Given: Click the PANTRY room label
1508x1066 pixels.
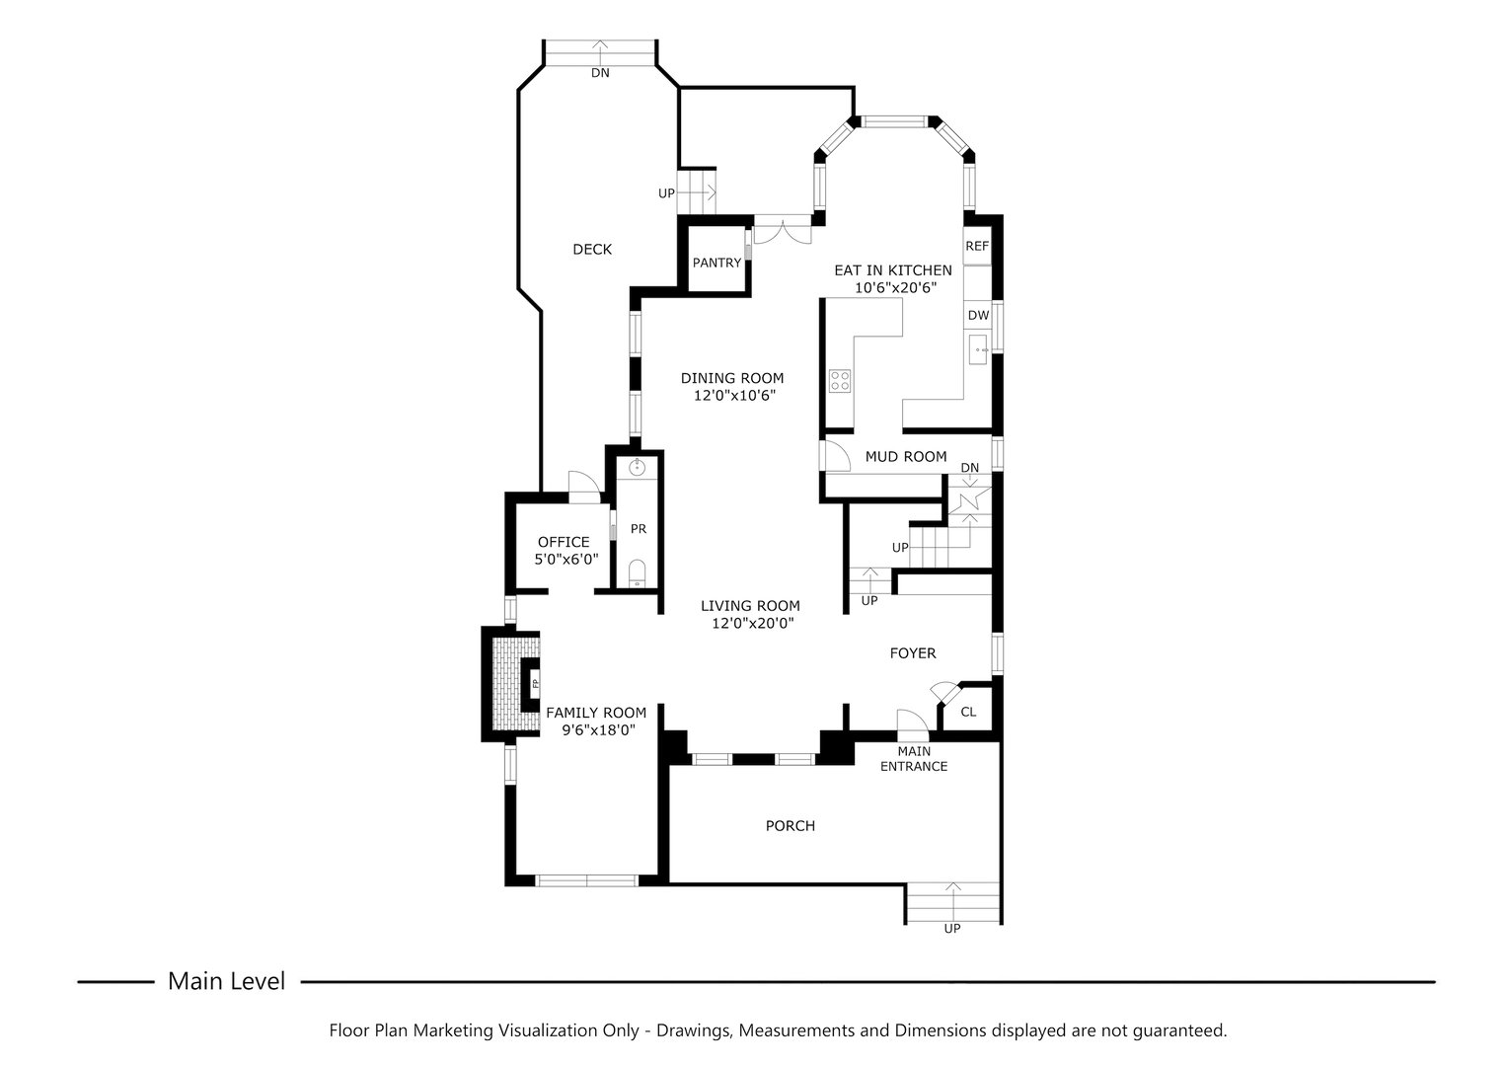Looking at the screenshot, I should (x=716, y=263).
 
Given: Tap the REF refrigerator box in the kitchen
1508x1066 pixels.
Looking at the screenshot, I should (x=977, y=247).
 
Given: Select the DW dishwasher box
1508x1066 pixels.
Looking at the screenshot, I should (x=978, y=316).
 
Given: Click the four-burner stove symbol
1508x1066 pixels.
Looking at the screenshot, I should (x=840, y=380).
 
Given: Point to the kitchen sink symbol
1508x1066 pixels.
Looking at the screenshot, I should (x=979, y=349).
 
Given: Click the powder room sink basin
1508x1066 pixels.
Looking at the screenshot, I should (x=638, y=467).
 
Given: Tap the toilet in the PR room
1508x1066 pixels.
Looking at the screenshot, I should (x=638, y=572).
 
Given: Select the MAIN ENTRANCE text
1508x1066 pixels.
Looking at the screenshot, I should (x=914, y=759).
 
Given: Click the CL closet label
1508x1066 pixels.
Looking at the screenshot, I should (x=968, y=712).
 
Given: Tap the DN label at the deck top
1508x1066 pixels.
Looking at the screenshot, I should (x=600, y=73).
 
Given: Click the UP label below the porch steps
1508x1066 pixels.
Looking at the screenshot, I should (x=952, y=929).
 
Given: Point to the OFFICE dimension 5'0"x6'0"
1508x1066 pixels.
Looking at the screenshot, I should (x=564, y=559).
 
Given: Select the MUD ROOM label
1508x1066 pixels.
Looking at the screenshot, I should (x=906, y=457).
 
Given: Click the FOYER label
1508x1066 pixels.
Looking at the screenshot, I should (x=913, y=653).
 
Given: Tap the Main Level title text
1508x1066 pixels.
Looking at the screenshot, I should (x=226, y=981).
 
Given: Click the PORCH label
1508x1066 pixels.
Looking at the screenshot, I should (x=791, y=826).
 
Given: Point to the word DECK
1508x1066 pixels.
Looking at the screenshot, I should (x=592, y=250).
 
